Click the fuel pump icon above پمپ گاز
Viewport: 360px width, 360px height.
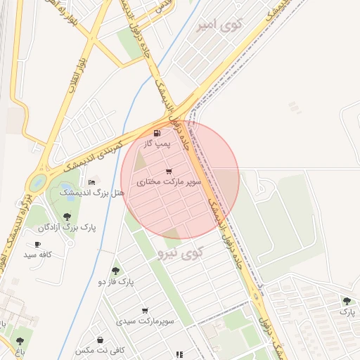[157, 133]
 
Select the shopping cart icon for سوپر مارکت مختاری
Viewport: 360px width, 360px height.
[169, 172]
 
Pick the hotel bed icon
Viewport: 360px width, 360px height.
[91, 182]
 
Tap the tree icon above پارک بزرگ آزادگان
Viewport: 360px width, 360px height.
[67, 217]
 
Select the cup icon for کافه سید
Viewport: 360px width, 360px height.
[37, 244]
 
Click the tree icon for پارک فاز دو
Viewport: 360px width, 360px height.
[116, 271]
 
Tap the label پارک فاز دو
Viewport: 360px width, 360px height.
[116, 282]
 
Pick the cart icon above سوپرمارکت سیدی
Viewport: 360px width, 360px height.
[145, 310]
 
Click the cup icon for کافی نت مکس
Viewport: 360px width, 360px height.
[101, 340]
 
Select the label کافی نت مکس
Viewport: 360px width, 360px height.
[100, 350]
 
